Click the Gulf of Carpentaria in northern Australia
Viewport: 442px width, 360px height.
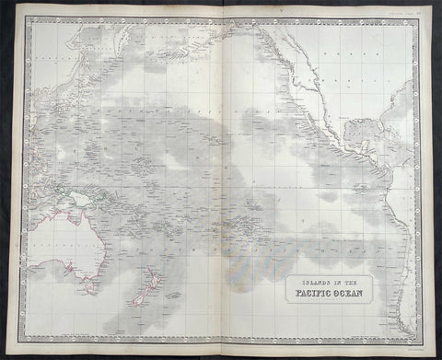66,217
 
